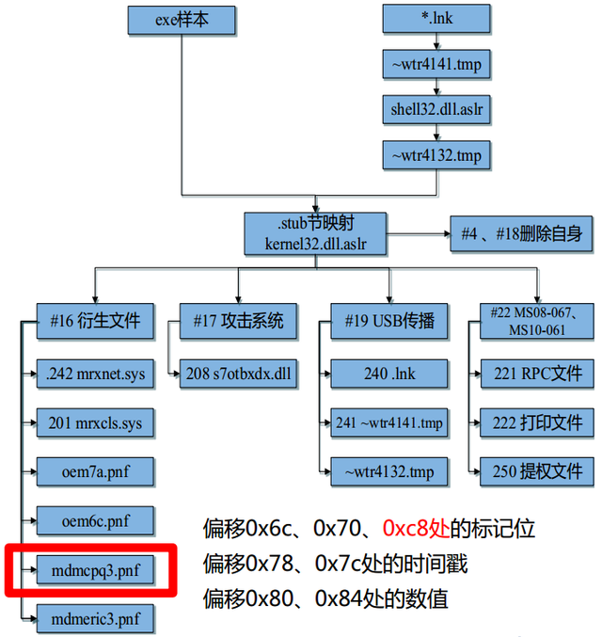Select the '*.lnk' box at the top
click(436, 18)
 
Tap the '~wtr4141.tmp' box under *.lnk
click(436, 65)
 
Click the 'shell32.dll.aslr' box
click(436, 108)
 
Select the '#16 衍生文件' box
click(95, 320)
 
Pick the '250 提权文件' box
click(537, 470)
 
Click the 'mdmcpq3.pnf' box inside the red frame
click(95, 569)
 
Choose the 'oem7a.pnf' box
click(95, 470)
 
